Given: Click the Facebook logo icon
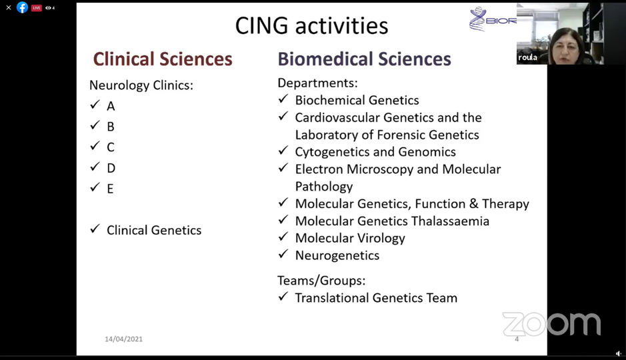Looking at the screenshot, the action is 23,7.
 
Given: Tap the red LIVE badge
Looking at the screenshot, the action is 36,7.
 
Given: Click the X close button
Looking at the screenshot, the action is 9,7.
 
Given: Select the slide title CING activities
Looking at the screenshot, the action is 311,25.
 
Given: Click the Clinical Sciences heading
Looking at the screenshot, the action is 163,59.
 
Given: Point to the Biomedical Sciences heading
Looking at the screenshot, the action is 364,59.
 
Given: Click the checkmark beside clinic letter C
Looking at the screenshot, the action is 95,146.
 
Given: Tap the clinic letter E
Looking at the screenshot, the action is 110,189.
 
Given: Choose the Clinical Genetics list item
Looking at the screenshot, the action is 154,230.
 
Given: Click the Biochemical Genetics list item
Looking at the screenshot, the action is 357,100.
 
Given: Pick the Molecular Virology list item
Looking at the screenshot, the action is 350,238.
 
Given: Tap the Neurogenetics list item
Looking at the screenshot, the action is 337,255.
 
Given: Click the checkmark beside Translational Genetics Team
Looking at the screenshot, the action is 283,297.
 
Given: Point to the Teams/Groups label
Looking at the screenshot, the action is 321,281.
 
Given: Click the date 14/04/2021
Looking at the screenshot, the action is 124,339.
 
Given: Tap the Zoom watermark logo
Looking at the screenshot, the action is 551,324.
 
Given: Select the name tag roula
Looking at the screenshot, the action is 527,57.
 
